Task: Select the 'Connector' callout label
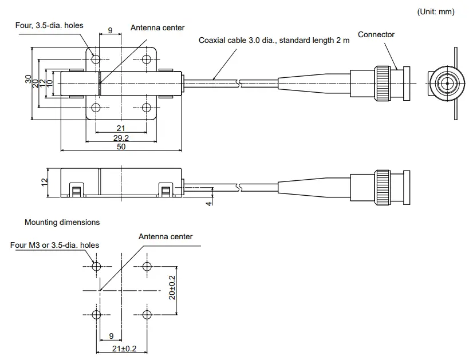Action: (x=376, y=34)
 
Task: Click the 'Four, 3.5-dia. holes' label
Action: (x=49, y=25)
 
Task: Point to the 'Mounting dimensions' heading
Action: (x=62, y=222)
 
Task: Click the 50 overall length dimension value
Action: (x=121, y=147)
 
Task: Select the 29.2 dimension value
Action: (x=121, y=138)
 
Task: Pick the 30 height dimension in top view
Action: (x=29, y=80)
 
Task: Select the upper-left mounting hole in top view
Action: (x=96, y=59)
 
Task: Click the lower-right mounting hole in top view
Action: (x=147, y=108)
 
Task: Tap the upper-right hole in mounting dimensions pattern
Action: (x=147, y=266)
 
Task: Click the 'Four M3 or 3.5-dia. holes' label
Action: (x=54, y=245)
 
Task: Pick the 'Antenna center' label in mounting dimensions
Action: (x=165, y=236)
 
